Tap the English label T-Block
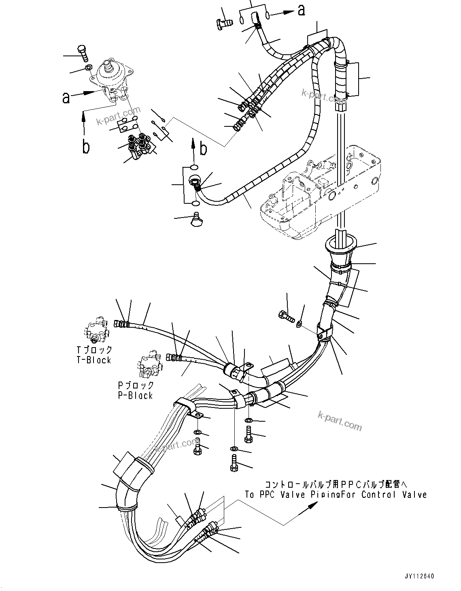tap(94, 360)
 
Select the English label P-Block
tap(135, 395)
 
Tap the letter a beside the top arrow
tap(302, 10)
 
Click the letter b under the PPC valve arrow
tap(86, 147)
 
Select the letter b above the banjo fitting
tap(204, 149)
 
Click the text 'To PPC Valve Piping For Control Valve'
tap(336, 495)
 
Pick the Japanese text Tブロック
tap(94, 350)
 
